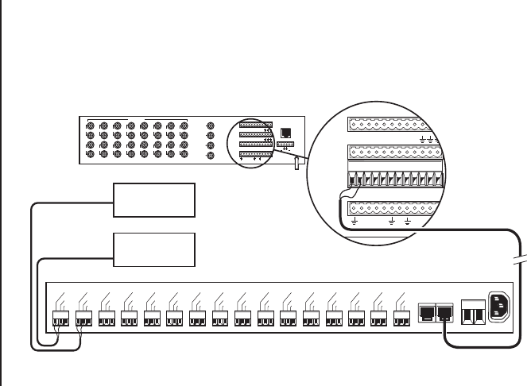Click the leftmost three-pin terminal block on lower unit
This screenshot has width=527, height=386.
tap(60, 317)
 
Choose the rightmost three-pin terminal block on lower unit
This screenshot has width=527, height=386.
tap(403, 317)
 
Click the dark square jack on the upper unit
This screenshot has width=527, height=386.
tap(286, 133)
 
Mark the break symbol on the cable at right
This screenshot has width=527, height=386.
tap(521, 261)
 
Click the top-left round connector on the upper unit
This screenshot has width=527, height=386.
tap(89, 126)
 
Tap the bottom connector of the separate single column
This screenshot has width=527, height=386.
tap(209, 155)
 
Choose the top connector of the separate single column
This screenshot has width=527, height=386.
tap(209, 125)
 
